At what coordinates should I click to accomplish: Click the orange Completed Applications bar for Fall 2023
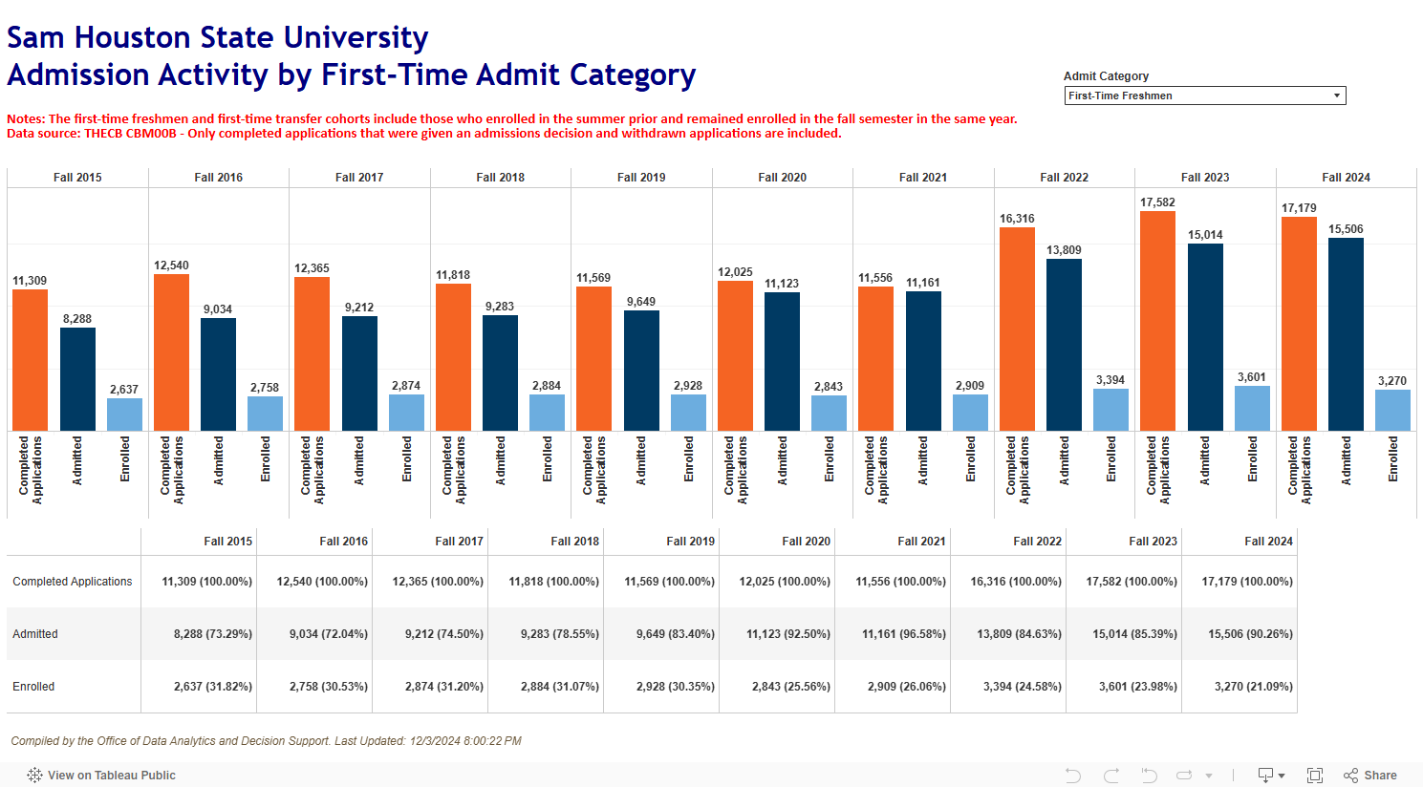pos(1157,321)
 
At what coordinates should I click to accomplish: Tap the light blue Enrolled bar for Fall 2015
pos(124,415)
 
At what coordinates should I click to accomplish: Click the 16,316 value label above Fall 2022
pos(1017,219)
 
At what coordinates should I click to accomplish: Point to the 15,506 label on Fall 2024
pos(1346,229)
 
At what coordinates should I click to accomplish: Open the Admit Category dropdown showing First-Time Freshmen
pos(1204,96)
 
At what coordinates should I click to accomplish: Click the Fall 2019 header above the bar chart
pos(641,178)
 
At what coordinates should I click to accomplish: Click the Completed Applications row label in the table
pos(73,582)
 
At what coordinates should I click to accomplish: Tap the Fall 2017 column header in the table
pos(459,542)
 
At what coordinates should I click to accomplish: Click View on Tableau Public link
pos(111,776)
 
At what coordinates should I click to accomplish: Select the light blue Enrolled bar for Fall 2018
pos(547,413)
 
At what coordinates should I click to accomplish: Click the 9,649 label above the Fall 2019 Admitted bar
pos(641,302)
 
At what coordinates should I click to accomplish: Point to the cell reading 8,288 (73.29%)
pos(212,634)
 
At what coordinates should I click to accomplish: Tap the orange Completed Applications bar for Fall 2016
pos(171,352)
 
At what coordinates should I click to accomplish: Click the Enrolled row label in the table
pos(33,687)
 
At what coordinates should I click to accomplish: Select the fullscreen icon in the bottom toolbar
pos(1315,776)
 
